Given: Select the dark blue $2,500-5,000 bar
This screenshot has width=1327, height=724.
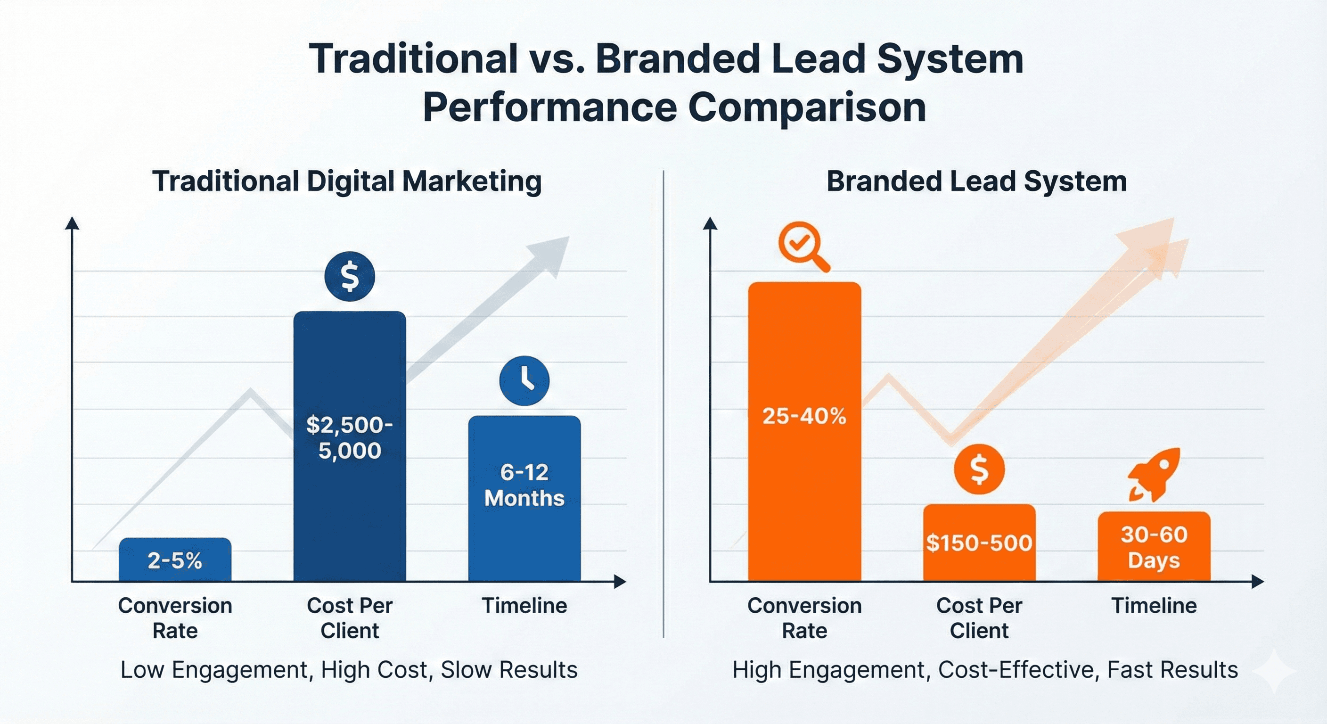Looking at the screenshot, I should point(350,446).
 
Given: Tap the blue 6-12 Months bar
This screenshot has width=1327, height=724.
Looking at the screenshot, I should point(524,498).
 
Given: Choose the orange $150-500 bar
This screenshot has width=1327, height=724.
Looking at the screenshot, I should point(979,543).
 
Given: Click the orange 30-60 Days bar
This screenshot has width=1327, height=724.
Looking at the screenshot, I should point(1154,547).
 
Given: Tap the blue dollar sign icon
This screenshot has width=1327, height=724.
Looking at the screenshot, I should point(350,277).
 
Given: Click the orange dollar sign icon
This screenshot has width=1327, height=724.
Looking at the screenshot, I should point(979,469).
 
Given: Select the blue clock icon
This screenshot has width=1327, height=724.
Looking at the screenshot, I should point(524,380).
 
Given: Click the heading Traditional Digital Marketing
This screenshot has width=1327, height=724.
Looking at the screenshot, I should point(347,181).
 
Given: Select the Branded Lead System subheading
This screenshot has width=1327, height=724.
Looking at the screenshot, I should point(977,181).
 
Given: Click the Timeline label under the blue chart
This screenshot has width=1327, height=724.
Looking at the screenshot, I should point(524,606).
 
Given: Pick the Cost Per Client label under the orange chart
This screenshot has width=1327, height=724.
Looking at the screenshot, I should point(979,618).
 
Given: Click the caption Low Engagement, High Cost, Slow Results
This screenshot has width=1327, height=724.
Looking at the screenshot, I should point(349,670).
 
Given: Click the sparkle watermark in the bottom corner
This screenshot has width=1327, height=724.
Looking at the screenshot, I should point(1274,671).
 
